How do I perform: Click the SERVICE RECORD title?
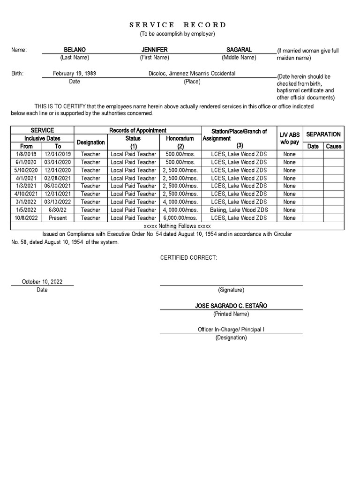tap(177, 25)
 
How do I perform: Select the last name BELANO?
tap(75, 50)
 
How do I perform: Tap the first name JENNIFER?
tap(154, 50)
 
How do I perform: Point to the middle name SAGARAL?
tap(239, 50)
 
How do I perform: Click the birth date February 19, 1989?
tap(75, 74)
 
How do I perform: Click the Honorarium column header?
tap(180, 139)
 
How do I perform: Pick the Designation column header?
tap(90, 142)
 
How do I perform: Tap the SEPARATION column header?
tap(323, 135)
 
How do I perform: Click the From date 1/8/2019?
tap(27, 154)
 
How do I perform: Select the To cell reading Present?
tap(58, 218)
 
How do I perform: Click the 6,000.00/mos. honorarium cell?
tap(180, 218)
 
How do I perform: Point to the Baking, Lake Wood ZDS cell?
tap(239, 210)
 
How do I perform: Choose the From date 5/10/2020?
tap(27, 170)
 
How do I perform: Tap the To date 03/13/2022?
tap(58, 202)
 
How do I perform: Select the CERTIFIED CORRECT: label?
tap(189, 258)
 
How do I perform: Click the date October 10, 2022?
tap(42, 282)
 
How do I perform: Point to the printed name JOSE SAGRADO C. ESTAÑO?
tap(231, 306)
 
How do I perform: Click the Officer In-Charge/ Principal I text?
tap(231, 330)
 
